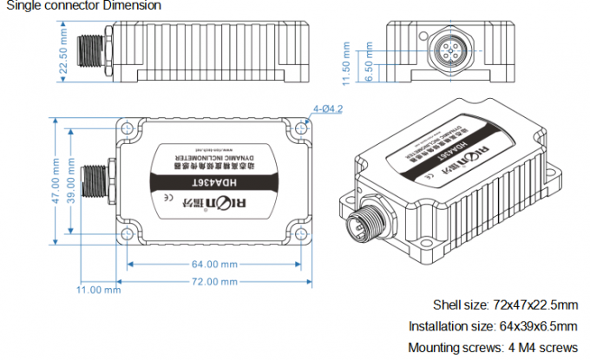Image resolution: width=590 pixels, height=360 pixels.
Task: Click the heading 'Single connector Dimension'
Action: tap(83, 6)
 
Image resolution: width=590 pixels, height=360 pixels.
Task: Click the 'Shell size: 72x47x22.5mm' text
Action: tap(505, 305)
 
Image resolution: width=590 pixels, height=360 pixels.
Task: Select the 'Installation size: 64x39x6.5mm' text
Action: tap(493, 326)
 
